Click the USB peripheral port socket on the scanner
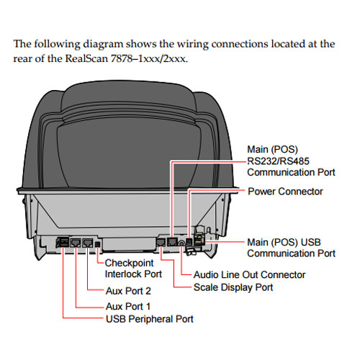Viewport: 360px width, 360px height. (x=63, y=242)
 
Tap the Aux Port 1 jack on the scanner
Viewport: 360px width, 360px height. (x=76, y=243)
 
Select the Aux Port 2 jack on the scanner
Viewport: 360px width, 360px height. (x=87, y=243)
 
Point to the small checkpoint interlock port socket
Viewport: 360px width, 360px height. (x=98, y=244)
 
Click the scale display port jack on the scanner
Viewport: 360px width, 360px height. (x=161, y=242)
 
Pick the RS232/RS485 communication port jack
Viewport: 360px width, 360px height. (x=172, y=241)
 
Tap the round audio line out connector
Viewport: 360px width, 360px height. (x=181, y=243)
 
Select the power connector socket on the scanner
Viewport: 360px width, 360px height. (x=189, y=241)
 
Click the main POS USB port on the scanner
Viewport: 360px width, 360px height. (x=199, y=240)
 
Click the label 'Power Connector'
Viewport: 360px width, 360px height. (x=285, y=192)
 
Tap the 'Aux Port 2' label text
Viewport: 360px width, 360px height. (x=128, y=291)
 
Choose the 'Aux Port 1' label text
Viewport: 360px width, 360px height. (x=128, y=306)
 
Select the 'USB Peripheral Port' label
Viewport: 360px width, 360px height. (x=150, y=319)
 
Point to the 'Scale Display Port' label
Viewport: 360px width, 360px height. (x=233, y=287)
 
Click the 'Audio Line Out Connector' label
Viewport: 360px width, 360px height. (x=250, y=275)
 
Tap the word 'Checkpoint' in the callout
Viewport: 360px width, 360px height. (x=129, y=264)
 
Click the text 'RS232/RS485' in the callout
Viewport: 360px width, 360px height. (x=278, y=161)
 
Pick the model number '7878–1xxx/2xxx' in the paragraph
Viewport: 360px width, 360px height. (x=149, y=58)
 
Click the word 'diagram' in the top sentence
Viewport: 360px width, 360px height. (x=103, y=44)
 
